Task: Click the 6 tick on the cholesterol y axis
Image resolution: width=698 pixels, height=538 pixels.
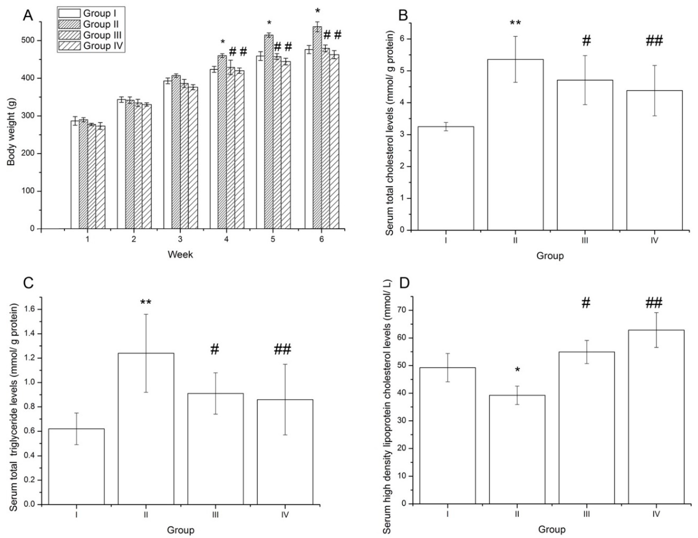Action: tap(400, 39)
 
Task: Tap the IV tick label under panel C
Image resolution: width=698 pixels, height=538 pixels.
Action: tap(285, 515)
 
